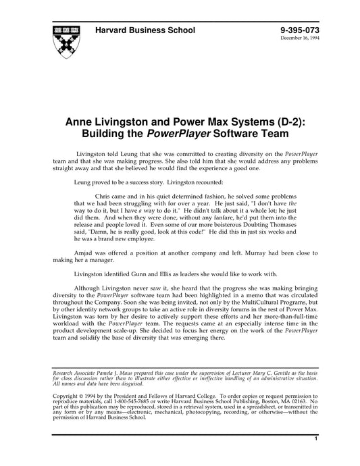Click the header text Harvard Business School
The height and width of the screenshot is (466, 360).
click(145, 30)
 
